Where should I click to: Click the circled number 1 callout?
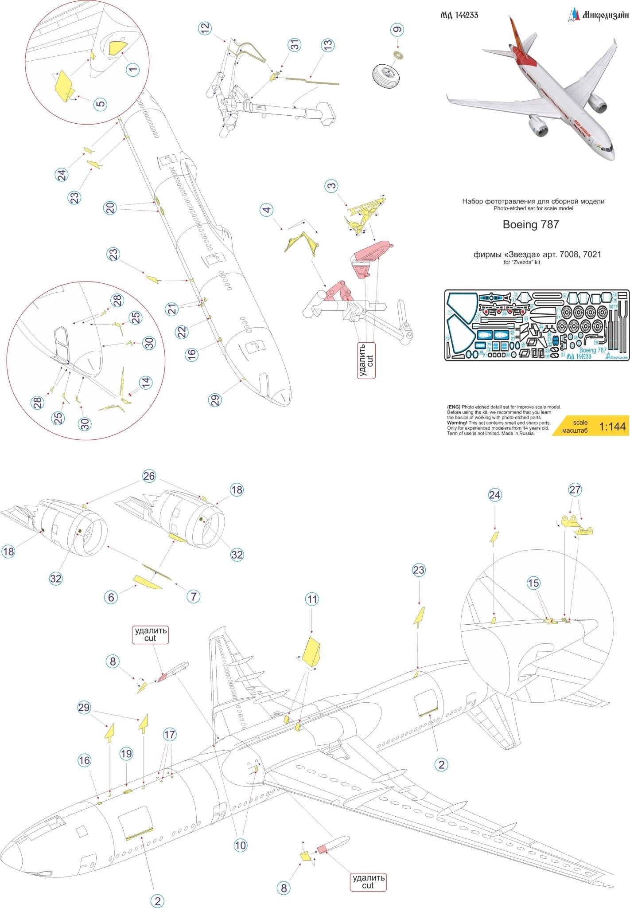(x=133, y=69)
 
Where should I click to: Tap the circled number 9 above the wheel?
(x=397, y=30)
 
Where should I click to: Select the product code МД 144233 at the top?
(x=459, y=15)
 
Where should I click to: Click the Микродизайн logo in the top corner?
(x=598, y=15)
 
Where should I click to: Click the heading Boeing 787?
(x=530, y=224)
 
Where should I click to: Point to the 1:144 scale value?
(x=612, y=427)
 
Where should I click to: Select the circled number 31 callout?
(x=295, y=45)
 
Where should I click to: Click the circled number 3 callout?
(x=332, y=186)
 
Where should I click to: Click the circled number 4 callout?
(x=266, y=210)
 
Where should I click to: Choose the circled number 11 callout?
(x=312, y=599)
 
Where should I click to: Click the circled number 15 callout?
(x=533, y=583)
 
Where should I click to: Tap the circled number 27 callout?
(x=575, y=490)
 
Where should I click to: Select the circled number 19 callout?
(x=126, y=753)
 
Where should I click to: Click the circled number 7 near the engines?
(x=193, y=597)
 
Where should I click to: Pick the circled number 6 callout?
(x=111, y=597)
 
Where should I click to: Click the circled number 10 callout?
(x=240, y=845)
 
